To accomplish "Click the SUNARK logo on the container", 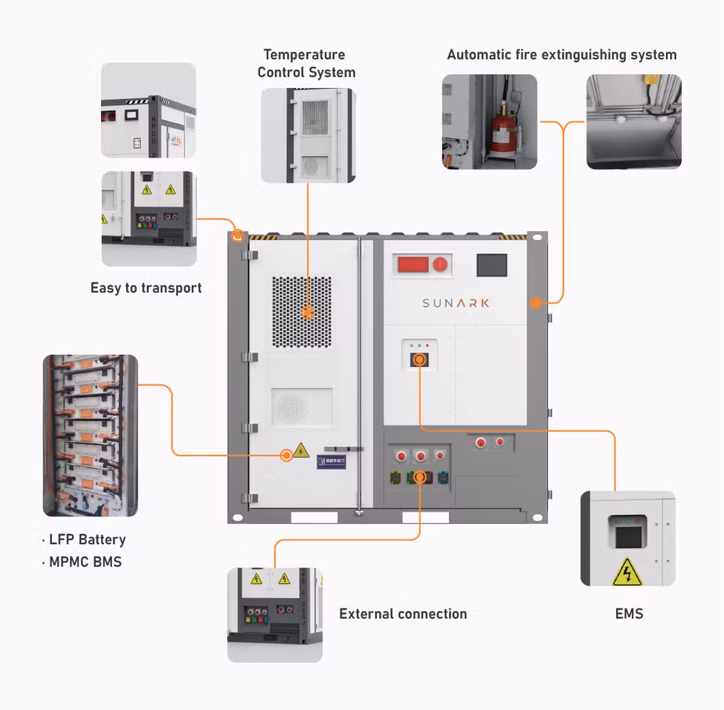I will click(x=456, y=302).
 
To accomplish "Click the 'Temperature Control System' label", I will click(x=306, y=63).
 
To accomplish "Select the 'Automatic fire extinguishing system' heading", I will click(x=561, y=55).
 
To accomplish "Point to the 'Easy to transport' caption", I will click(x=146, y=288).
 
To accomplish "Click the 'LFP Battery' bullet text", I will click(x=87, y=539).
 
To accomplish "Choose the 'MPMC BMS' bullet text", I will click(x=85, y=562).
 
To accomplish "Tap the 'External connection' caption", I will click(x=403, y=614).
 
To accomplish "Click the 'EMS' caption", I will click(x=629, y=614).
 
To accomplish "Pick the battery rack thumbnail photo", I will click(x=90, y=435).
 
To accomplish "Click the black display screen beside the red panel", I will click(x=491, y=265).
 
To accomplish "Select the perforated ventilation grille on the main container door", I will click(x=302, y=312).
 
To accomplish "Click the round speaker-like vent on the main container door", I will click(x=301, y=408).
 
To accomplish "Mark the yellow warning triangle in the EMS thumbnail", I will click(x=627, y=573).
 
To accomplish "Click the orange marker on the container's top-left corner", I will click(x=238, y=236).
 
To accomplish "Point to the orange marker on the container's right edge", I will click(x=536, y=302).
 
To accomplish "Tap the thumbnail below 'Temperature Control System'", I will click(x=307, y=135).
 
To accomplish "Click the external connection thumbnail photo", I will click(x=275, y=614).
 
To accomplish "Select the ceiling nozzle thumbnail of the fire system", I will click(x=634, y=122).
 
